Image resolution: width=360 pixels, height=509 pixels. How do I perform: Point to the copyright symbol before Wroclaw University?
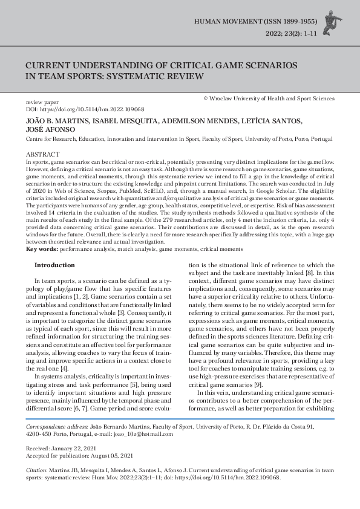click(206, 98)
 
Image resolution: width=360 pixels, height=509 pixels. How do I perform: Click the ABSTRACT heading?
click(43, 155)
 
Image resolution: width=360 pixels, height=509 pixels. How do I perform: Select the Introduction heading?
click(54, 265)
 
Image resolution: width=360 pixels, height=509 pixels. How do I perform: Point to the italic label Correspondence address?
click(56, 427)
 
